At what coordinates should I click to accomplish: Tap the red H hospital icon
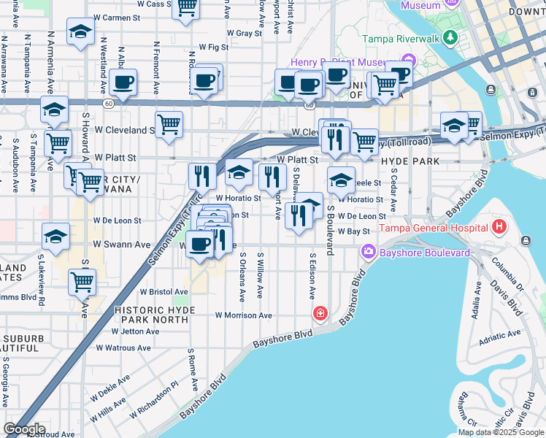[x=499, y=227]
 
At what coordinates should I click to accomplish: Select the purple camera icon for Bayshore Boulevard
[x=369, y=253]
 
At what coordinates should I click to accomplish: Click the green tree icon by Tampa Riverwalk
[x=450, y=36]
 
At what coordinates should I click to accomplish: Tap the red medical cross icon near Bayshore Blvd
[x=320, y=314]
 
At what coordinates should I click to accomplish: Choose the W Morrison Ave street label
[x=243, y=315]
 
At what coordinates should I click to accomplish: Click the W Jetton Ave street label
[x=135, y=331]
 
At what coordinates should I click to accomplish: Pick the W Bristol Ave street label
[x=164, y=291]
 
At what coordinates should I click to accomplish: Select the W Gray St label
[x=244, y=33]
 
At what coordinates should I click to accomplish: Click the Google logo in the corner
[x=24, y=429]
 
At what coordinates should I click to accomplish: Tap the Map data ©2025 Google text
[x=501, y=432]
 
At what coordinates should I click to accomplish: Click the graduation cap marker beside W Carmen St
[x=80, y=31]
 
